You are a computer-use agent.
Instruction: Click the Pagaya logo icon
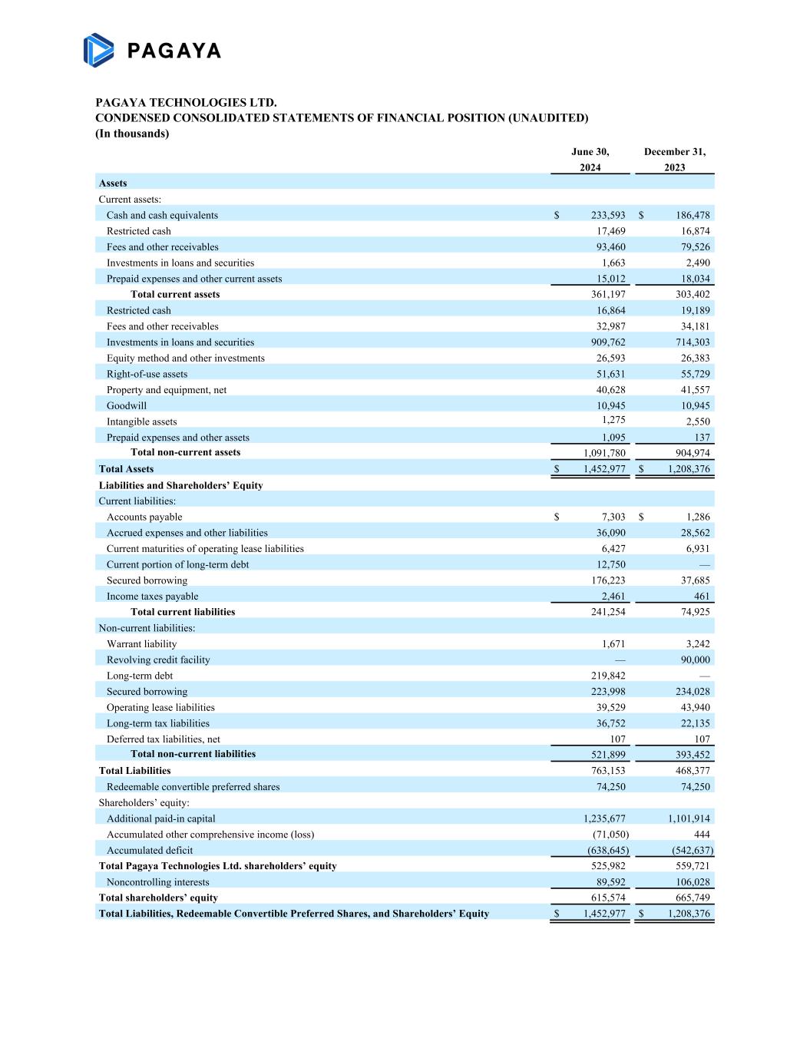click(99, 50)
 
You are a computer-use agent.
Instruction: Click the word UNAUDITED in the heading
click(547, 118)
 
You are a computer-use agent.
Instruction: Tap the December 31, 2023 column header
click(674, 160)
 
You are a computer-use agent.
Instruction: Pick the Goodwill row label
click(127, 406)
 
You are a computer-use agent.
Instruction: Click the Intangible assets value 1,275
click(613, 420)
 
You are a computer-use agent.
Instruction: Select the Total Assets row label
click(126, 469)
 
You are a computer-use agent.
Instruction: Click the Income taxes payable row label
click(152, 597)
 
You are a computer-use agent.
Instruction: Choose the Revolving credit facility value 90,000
click(690, 660)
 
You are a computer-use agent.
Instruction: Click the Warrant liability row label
click(141, 644)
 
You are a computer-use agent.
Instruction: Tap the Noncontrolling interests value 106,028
click(690, 882)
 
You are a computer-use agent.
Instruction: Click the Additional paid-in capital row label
click(160, 819)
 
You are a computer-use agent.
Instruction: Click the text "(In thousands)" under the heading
click(132, 134)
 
